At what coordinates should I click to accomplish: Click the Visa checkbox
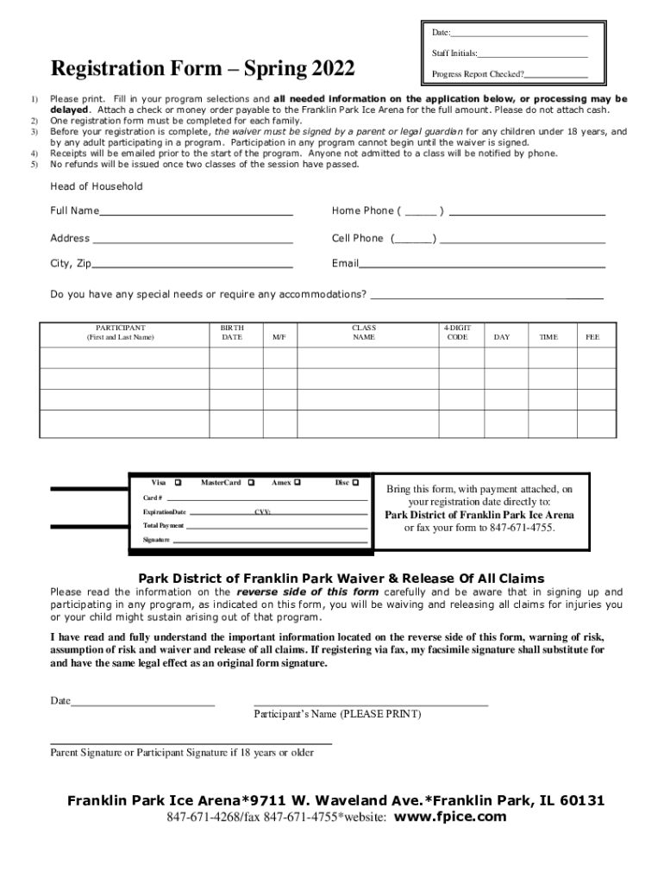click(x=179, y=482)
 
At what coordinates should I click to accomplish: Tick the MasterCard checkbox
click(x=250, y=482)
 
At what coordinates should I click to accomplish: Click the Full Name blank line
click(x=196, y=212)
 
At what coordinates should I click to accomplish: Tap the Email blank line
click(x=481, y=265)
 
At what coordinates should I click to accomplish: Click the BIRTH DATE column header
click(x=232, y=333)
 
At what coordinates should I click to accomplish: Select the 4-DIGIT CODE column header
click(x=457, y=333)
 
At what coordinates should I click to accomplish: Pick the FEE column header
click(x=592, y=338)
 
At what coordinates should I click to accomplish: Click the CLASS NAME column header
click(x=364, y=333)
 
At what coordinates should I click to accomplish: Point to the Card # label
click(x=153, y=498)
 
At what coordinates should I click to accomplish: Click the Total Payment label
click(x=163, y=525)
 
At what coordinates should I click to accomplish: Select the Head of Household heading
click(x=97, y=186)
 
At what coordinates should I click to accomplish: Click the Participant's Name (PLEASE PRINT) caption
click(x=337, y=714)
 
